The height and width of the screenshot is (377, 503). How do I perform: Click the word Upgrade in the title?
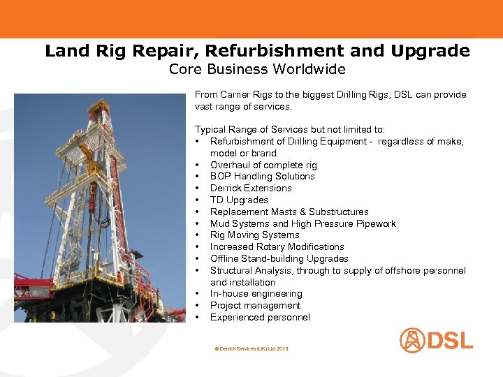[x=430, y=51]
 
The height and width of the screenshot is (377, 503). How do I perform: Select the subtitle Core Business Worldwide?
[x=257, y=69]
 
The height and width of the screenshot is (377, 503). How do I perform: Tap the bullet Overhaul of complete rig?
[x=263, y=165]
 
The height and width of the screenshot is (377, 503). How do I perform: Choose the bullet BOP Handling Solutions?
[x=262, y=177]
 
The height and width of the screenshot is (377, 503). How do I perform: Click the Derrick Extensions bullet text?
[x=251, y=188]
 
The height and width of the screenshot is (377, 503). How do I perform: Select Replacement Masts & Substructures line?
[x=289, y=212]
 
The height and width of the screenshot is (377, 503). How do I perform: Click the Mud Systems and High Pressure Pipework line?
[x=302, y=223]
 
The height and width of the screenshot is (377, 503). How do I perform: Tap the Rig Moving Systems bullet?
[x=254, y=235]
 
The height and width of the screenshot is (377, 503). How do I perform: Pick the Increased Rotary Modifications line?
[x=277, y=246]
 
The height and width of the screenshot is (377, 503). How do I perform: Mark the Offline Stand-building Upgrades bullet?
[x=279, y=258]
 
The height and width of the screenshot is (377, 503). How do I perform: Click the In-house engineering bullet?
[x=256, y=294]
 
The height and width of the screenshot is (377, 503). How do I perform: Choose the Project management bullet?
[x=255, y=306]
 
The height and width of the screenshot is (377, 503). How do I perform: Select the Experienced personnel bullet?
[x=260, y=318]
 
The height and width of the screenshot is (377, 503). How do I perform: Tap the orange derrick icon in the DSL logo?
[x=411, y=340]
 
